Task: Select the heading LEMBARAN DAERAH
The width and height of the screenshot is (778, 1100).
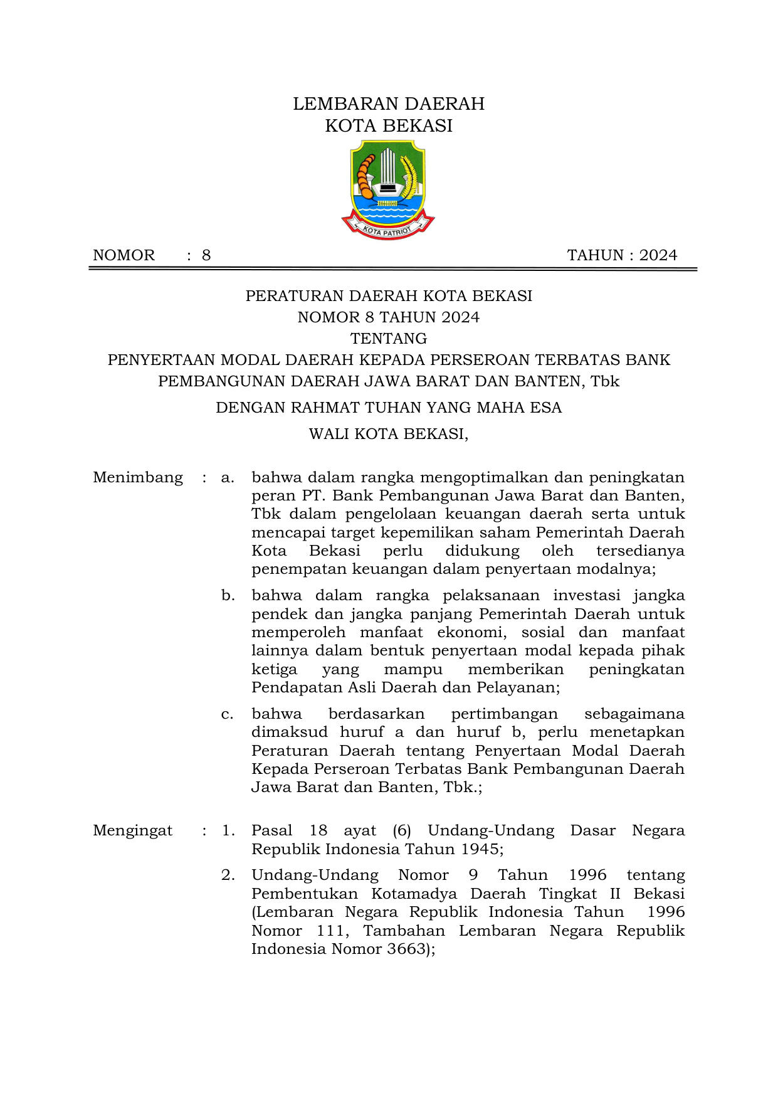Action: coord(389,103)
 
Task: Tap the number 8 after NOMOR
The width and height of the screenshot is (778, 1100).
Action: coord(206,255)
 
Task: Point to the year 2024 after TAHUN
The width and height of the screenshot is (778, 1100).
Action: coord(658,255)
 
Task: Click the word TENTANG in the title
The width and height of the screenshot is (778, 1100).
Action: coord(389,339)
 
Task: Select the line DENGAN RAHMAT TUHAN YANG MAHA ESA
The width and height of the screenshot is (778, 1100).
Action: coord(389,408)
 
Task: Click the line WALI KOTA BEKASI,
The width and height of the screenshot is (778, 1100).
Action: coord(389,434)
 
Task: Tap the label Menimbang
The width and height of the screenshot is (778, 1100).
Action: coord(138,478)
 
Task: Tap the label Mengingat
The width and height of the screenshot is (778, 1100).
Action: coord(133,831)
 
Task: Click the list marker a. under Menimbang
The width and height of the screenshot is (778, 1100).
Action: coord(228,478)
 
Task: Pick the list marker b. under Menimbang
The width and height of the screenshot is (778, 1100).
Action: coord(228,596)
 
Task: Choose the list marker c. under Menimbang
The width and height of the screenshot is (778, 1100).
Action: coord(228,714)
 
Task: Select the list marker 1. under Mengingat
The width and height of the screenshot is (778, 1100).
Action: coord(228,831)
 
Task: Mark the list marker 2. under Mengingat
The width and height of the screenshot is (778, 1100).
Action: coord(228,875)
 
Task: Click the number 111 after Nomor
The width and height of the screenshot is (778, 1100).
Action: coord(330,931)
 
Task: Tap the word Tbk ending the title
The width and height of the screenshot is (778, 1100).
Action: coord(604,381)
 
